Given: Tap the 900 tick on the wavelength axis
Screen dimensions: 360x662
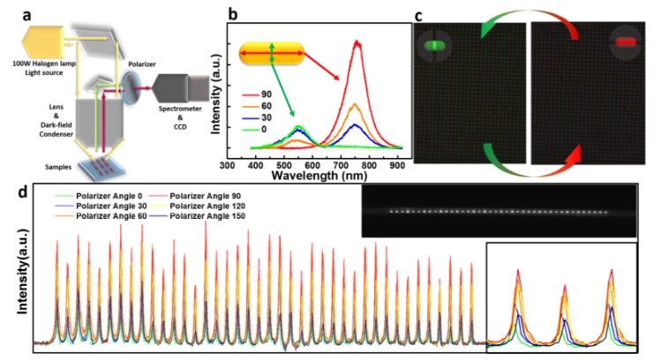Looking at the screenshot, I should [x=397, y=164].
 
